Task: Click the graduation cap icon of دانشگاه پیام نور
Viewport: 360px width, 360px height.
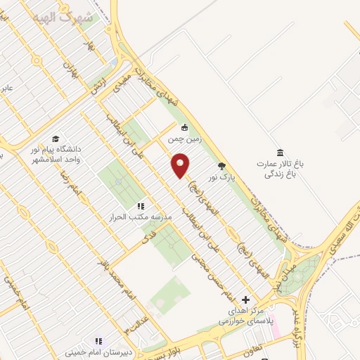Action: click(55, 139)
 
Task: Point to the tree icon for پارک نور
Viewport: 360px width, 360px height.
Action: click(222, 166)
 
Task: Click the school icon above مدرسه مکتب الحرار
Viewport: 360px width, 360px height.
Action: click(140, 206)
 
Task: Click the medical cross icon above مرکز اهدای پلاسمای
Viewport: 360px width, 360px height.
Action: click(245, 300)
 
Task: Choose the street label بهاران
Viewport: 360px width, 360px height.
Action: click(68, 69)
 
